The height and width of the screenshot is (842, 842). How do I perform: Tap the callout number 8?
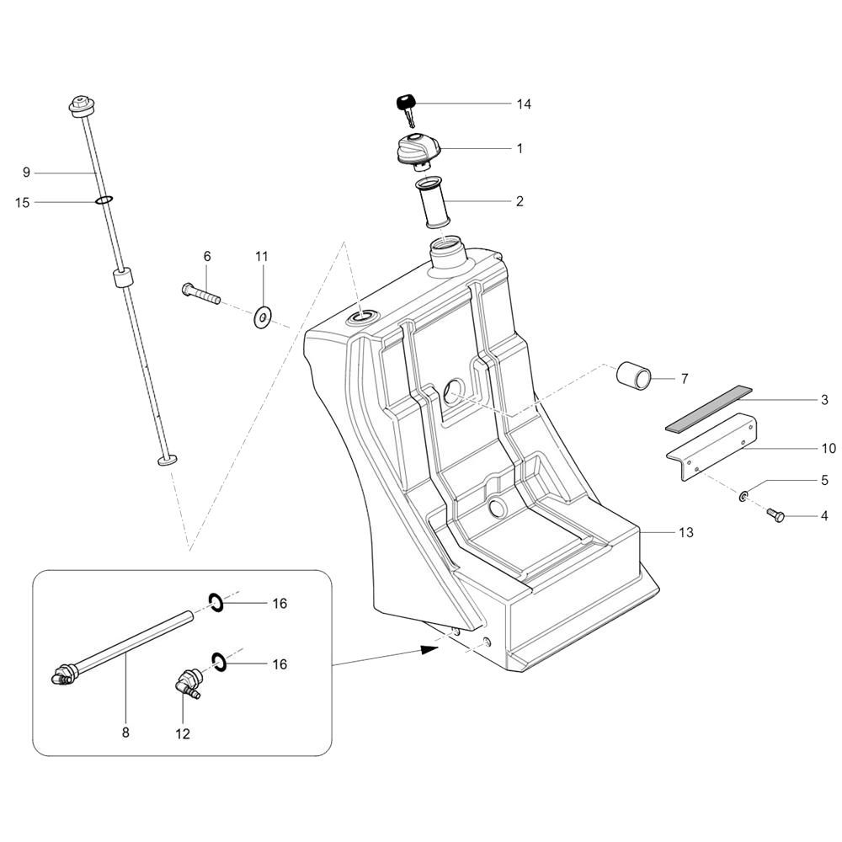[x=125, y=732]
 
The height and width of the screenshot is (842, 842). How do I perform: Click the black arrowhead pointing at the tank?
[x=430, y=649]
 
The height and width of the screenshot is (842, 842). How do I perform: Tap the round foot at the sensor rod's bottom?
[x=167, y=460]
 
